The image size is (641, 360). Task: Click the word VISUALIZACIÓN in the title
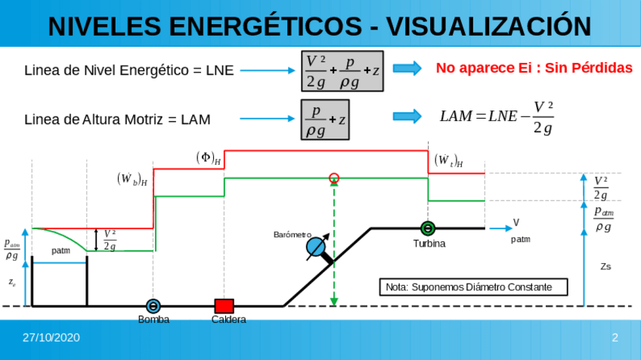pyautogui.click(x=489, y=26)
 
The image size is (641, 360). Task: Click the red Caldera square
pyautogui.click(x=224, y=306)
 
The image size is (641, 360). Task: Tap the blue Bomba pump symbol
pyautogui.click(x=153, y=306)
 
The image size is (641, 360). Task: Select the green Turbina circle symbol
pyautogui.click(x=428, y=228)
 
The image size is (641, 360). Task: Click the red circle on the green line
pyautogui.click(x=334, y=178)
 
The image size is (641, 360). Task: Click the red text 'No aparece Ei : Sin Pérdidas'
pyautogui.click(x=534, y=68)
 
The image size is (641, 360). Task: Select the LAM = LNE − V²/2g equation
pyautogui.click(x=497, y=116)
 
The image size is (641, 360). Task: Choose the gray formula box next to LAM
pyautogui.click(x=325, y=119)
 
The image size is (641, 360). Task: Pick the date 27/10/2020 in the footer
pyautogui.click(x=51, y=337)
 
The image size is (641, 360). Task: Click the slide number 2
pyautogui.click(x=615, y=337)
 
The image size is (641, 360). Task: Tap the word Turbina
pyautogui.click(x=429, y=244)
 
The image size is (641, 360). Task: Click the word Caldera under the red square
pyautogui.click(x=228, y=320)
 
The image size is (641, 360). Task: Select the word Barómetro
pyautogui.click(x=292, y=235)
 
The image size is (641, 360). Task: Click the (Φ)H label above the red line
pyautogui.click(x=209, y=158)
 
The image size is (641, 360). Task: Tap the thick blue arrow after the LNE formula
pyautogui.click(x=407, y=69)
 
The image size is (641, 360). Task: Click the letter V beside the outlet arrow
pyautogui.click(x=516, y=222)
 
